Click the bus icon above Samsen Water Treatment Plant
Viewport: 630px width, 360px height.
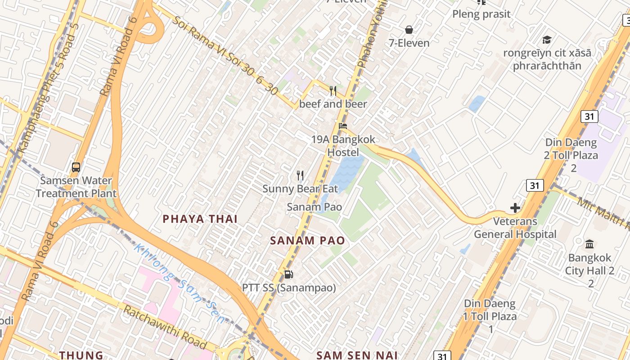point(76,167)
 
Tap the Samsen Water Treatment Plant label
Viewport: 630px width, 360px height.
point(76,187)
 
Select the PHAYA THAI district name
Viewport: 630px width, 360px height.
point(200,219)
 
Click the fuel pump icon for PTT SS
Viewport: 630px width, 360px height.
point(288,274)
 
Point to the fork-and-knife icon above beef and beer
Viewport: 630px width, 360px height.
point(333,91)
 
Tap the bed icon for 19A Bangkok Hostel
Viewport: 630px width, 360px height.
point(343,126)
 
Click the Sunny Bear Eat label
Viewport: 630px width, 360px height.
point(300,189)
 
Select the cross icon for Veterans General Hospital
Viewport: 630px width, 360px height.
point(515,208)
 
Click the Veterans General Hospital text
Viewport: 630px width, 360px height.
point(515,228)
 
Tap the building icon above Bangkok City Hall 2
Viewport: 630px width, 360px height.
point(589,244)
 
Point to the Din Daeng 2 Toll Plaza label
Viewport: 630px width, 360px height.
point(571,155)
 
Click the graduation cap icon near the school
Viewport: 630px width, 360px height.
point(547,40)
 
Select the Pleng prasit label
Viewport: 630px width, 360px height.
point(481,14)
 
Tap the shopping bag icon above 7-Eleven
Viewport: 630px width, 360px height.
point(409,30)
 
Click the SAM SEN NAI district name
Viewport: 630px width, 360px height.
point(357,355)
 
